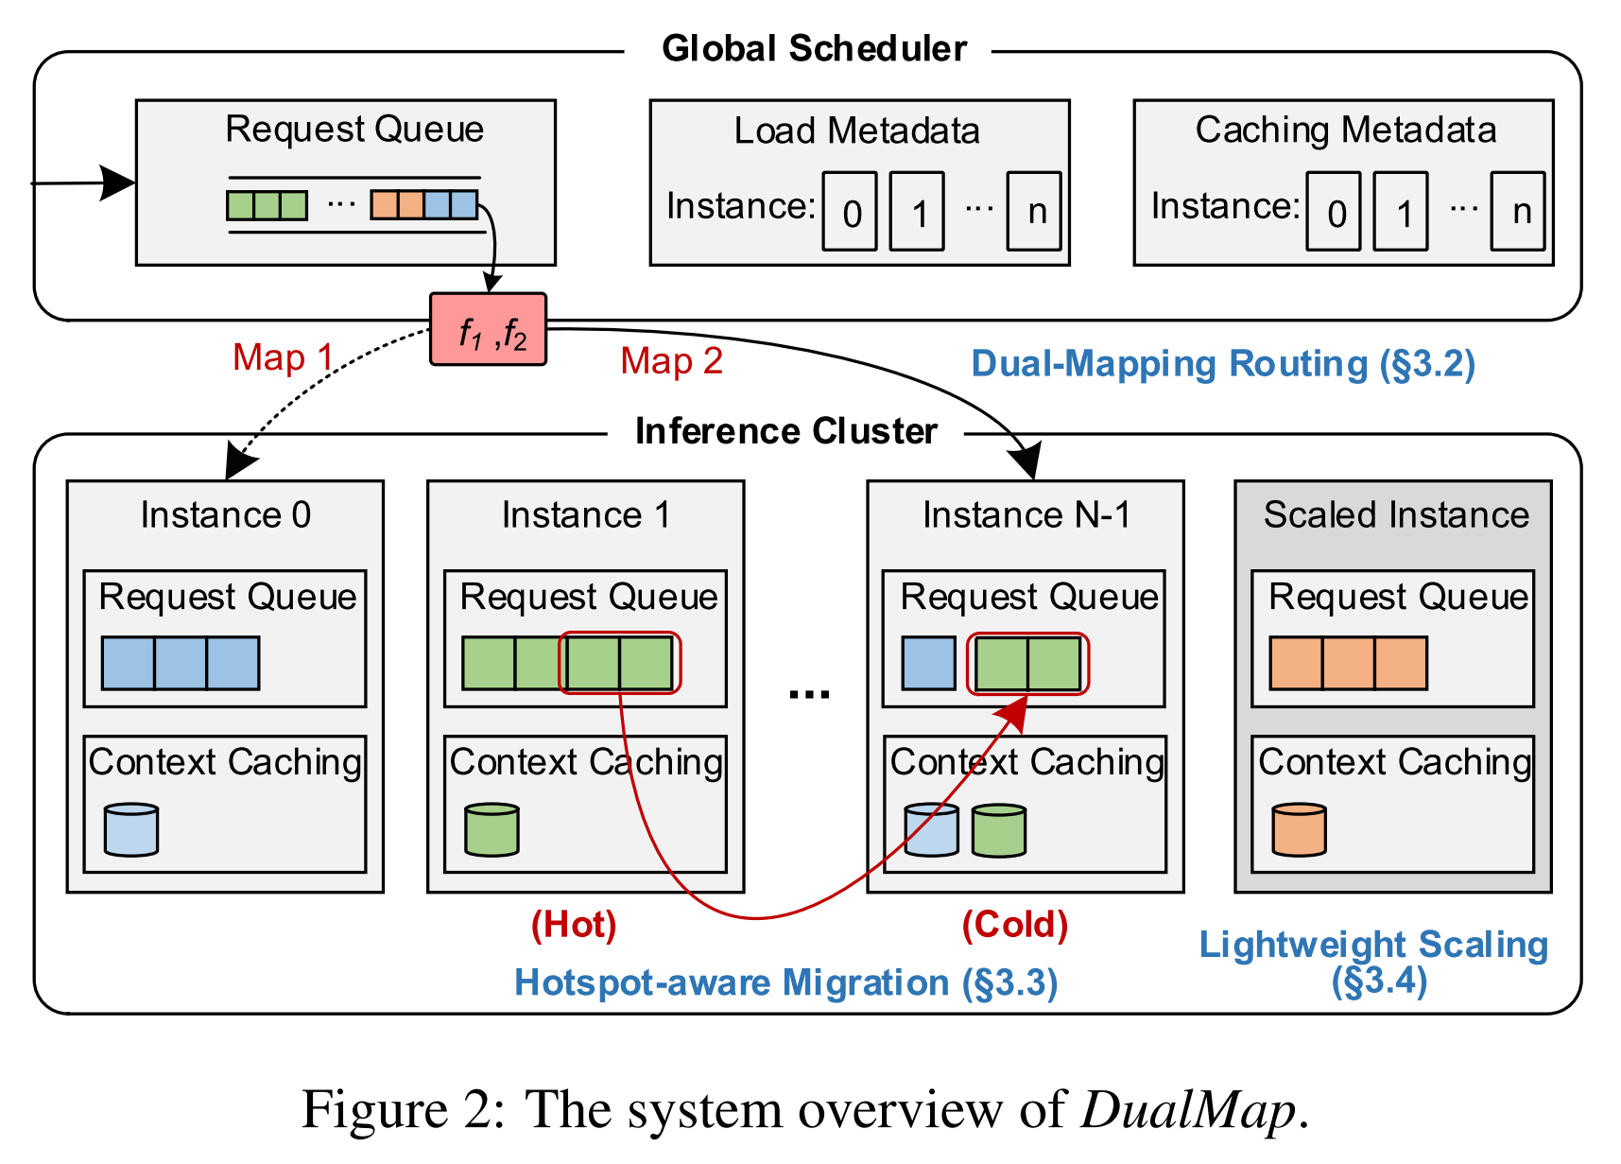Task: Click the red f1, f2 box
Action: [x=488, y=329]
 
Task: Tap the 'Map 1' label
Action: [x=283, y=357]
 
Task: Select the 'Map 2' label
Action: [x=671, y=361]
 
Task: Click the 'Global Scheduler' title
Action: [x=814, y=48]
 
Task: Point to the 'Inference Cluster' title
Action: [x=785, y=431]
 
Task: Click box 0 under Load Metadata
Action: [x=850, y=211]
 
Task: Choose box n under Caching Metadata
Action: [x=1518, y=211]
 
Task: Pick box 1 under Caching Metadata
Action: [x=1400, y=211]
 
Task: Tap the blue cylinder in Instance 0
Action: [x=131, y=829]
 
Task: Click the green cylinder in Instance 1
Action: [x=492, y=829]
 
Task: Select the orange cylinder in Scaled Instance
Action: [x=1299, y=829]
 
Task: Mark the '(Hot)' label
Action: [x=574, y=924]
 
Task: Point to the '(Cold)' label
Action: [x=1014, y=924]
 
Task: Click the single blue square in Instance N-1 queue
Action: [x=928, y=663]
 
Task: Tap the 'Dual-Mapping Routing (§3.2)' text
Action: [x=1223, y=364]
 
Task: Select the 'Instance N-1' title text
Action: [x=1026, y=515]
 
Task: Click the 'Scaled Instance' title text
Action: [x=1396, y=515]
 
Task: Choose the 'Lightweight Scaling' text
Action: [x=1373, y=945]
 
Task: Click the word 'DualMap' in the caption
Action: [x=1188, y=1109]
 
